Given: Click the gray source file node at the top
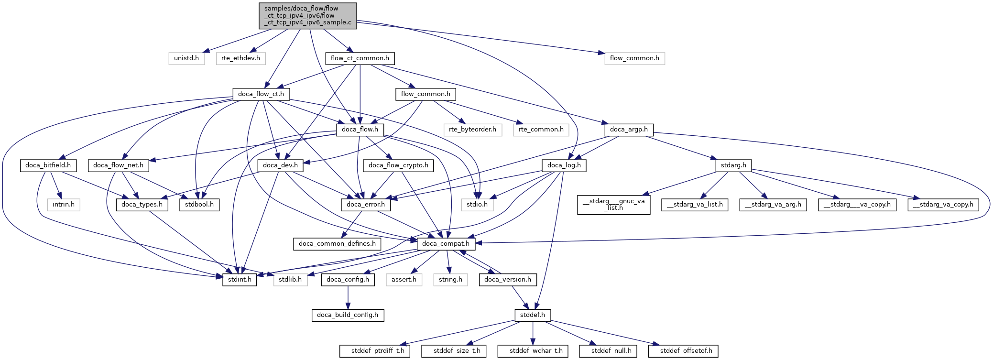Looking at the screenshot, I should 307,16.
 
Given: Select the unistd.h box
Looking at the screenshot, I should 186,58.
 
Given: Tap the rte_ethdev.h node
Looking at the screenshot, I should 240,58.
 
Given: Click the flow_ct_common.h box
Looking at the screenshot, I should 360,58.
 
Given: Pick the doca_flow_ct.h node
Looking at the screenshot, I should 261,94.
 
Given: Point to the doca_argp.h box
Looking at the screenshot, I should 629,130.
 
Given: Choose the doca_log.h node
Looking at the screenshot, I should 564,165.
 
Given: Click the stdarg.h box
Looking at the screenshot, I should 733,165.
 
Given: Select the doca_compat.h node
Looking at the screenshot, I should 446,244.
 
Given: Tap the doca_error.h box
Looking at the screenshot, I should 366,205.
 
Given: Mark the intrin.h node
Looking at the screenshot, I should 64,205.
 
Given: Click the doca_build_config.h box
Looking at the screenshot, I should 348,315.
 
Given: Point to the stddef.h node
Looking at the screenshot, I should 533,315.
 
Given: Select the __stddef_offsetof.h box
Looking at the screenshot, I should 683,351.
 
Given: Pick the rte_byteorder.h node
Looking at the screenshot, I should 472,130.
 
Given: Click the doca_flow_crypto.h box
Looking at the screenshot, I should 399,165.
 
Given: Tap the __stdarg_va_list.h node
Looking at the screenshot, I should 695,205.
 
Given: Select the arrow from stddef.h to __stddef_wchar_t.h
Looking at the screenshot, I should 533,333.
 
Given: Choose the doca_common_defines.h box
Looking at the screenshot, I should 337,244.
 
